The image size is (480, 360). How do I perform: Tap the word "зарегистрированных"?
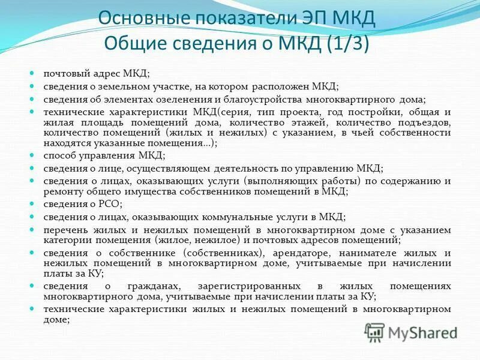pyautogui.click(x=253, y=287)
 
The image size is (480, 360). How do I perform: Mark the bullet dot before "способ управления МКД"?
pyautogui.click(x=32, y=155)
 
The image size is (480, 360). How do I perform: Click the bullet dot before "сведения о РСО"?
pyautogui.click(x=32, y=203)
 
